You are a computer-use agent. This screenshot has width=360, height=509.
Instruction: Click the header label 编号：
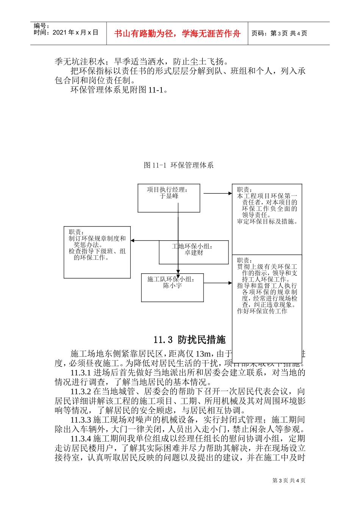41,26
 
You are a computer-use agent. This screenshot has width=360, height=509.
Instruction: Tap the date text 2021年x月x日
75,33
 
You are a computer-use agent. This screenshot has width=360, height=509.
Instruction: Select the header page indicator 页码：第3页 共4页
279,33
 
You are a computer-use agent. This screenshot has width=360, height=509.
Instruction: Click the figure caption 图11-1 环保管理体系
179,165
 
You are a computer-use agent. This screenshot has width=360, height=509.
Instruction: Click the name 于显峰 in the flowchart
169,196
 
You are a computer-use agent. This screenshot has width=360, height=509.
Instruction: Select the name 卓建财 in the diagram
194,253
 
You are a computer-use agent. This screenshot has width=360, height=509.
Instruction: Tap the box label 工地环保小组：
193,246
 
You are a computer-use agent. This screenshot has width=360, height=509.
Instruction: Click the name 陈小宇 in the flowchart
172,286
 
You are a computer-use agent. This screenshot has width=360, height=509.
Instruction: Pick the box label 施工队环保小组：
171,279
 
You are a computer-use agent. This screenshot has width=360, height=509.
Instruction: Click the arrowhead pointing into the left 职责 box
133,240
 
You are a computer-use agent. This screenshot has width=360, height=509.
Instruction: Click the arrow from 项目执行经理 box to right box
218,193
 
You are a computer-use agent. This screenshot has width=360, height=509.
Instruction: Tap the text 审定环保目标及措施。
268,222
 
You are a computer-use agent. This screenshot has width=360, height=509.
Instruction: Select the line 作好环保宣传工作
262,311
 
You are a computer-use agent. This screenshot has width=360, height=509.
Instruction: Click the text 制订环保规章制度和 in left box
97,238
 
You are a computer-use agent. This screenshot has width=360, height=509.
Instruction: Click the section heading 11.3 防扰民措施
189,340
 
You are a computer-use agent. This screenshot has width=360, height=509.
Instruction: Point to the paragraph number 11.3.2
81,392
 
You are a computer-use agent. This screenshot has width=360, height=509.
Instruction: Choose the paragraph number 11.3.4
81,439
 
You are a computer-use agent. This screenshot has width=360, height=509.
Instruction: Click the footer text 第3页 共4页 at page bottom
289,481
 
